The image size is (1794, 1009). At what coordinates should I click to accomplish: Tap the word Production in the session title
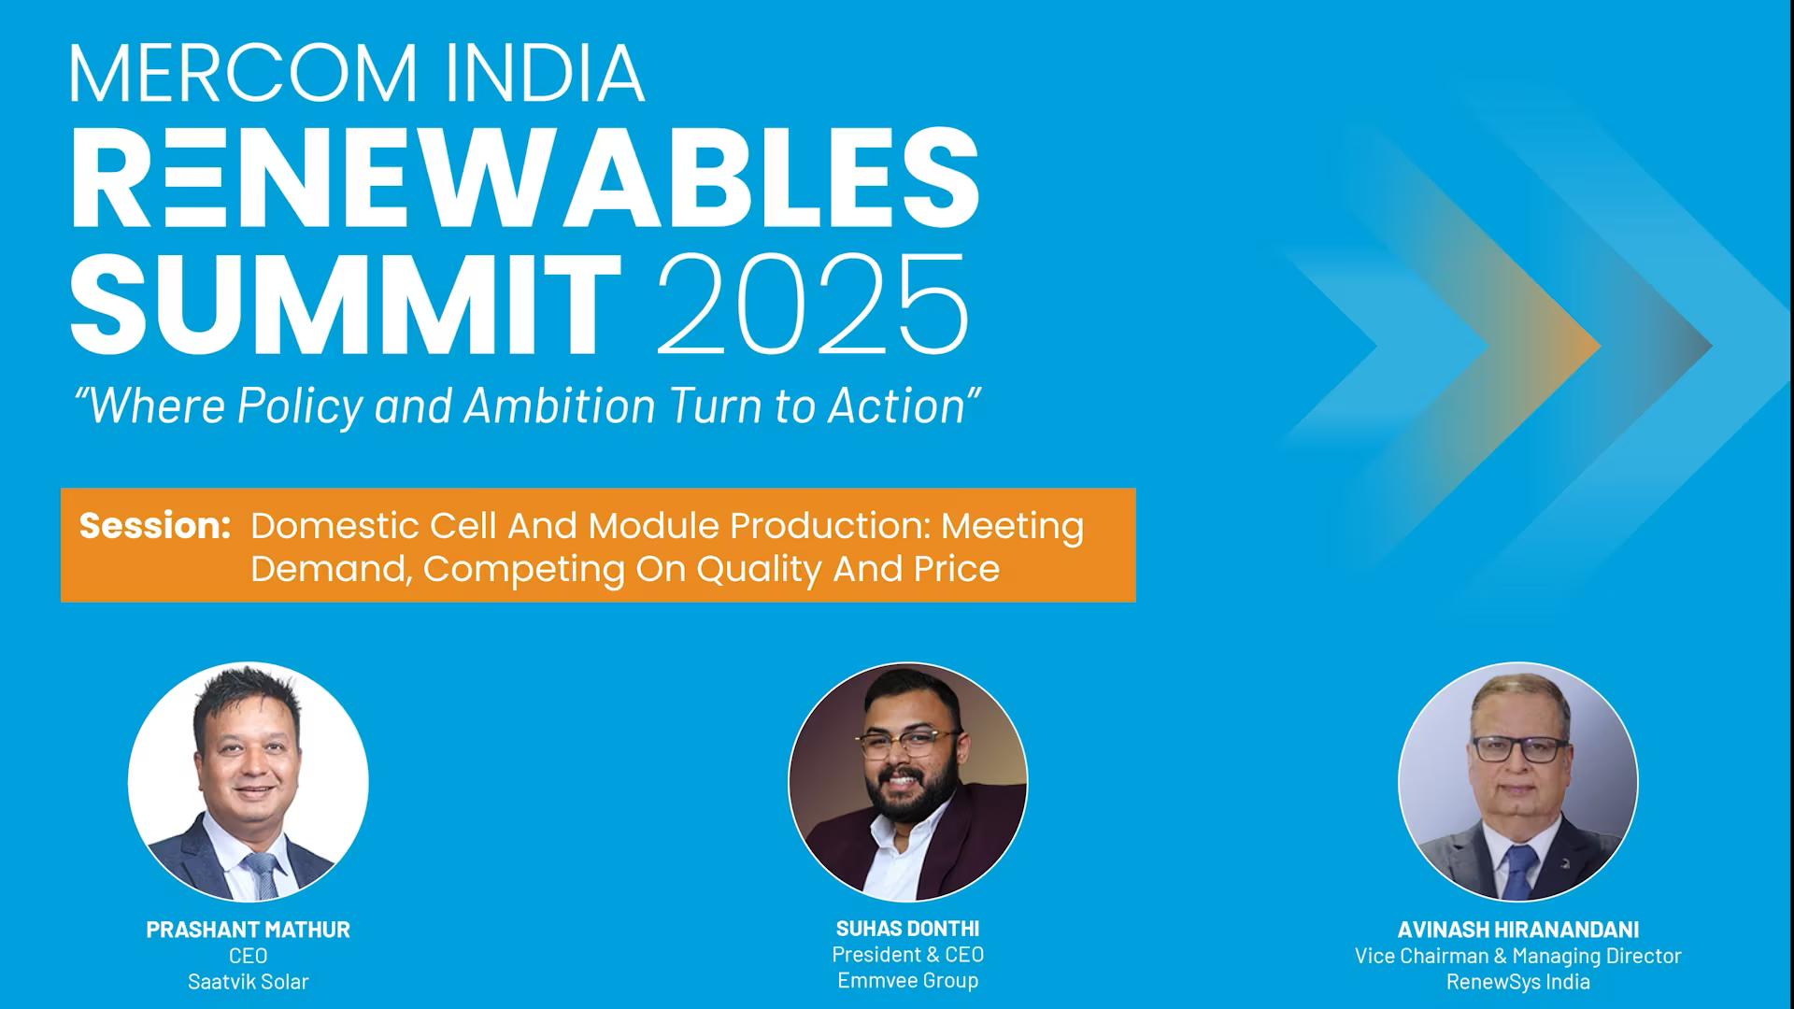pyautogui.click(x=829, y=526)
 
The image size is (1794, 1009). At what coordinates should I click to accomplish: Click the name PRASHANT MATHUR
pyautogui.click(x=249, y=930)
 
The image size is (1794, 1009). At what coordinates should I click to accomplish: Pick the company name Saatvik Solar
pyautogui.click(x=249, y=982)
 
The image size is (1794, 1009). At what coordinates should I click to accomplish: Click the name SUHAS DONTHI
pyautogui.click(x=907, y=929)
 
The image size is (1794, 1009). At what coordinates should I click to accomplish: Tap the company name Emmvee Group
pyautogui.click(x=907, y=980)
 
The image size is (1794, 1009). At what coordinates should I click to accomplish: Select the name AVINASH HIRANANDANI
pyautogui.click(x=1518, y=930)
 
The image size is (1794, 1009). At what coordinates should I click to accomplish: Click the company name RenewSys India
pyautogui.click(x=1518, y=982)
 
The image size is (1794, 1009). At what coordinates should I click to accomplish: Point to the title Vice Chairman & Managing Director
pyautogui.click(x=1518, y=956)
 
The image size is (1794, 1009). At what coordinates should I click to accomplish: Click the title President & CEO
pyautogui.click(x=907, y=955)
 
